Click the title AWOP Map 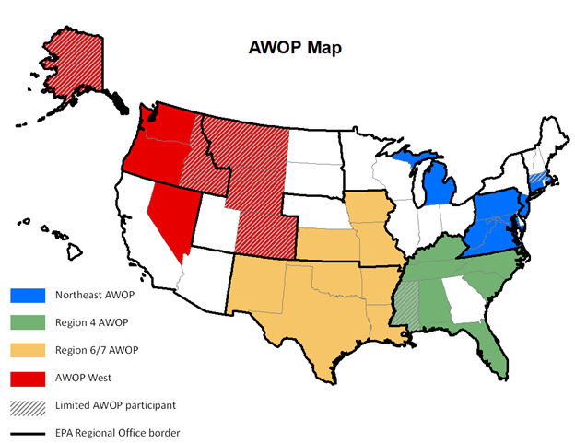pos(295,48)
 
